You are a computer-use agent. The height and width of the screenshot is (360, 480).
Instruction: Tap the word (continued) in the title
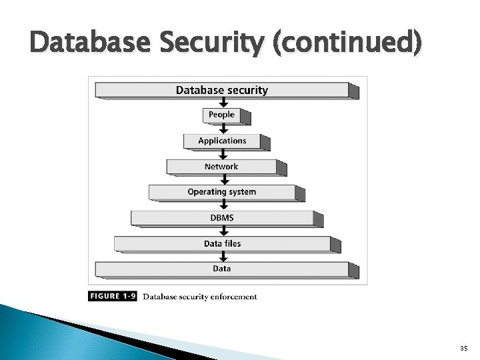click(x=340, y=45)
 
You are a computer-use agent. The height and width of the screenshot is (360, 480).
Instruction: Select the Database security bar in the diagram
click(x=222, y=90)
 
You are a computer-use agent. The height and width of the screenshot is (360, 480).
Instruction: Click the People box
click(x=221, y=115)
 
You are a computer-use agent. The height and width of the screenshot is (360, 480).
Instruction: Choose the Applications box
click(x=222, y=141)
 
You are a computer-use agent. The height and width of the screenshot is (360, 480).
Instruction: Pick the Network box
click(x=221, y=167)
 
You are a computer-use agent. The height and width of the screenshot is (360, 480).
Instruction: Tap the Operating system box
click(x=221, y=192)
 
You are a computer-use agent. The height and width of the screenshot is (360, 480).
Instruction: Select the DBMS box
click(x=221, y=218)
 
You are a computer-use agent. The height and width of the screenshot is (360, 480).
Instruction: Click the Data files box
click(x=222, y=244)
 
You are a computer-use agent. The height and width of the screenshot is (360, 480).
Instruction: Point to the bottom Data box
click(x=222, y=269)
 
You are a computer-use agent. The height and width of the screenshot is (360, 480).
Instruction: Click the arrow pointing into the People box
click(x=222, y=103)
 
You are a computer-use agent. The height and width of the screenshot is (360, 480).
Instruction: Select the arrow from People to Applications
click(x=222, y=128)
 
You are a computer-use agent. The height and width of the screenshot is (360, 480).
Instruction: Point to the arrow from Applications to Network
click(x=222, y=154)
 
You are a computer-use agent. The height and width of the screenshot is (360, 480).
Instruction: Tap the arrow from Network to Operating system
click(x=222, y=179)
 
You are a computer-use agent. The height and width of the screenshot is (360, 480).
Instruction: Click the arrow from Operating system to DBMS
click(x=222, y=205)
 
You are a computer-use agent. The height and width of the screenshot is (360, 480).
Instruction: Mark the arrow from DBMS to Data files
click(x=222, y=231)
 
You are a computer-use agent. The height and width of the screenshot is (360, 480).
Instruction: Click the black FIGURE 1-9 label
click(x=113, y=297)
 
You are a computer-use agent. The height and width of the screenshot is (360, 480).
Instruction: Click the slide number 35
click(x=464, y=349)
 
